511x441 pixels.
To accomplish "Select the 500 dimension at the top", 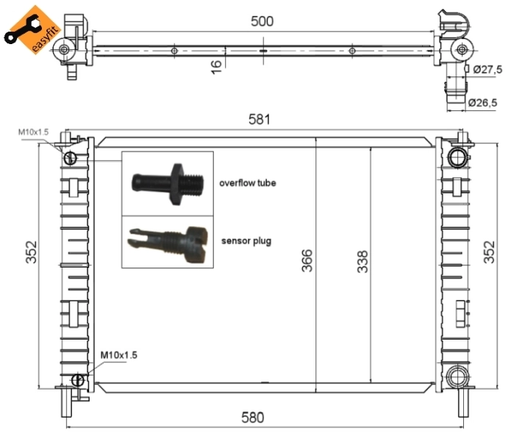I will pyautogui.click(x=262, y=21).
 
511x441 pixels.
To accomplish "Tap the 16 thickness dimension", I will pyautogui.click(x=216, y=67).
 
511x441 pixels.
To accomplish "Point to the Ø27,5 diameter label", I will pyautogui.click(x=486, y=69).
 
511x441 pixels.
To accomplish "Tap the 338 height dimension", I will pyautogui.click(x=362, y=262).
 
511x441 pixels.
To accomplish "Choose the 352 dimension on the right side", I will pyautogui.click(x=490, y=253).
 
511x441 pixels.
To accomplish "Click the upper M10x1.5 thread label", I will pyautogui.click(x=33, y=132).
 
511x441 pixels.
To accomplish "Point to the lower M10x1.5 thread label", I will pyautogui.click(x=118, y=355).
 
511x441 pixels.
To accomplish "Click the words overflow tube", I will pyautogui.click(x=247, y=182).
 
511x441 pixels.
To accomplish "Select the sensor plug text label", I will pyautogui.click(x=246, y=240).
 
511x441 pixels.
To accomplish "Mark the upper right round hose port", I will pyautogui.click(x=457, y=157).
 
